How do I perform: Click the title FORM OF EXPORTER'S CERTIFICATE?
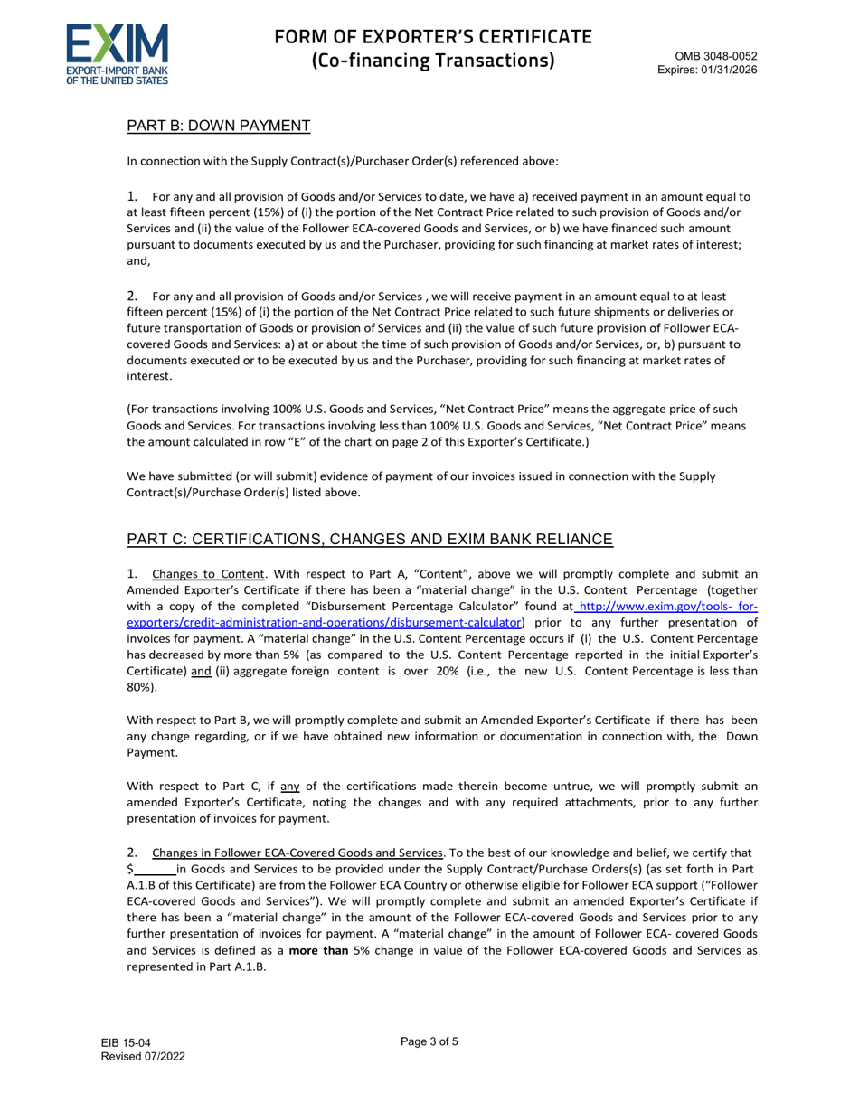pyautogui.click(x=433, y=37)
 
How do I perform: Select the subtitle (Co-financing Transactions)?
pyautogui.click(x=433, y=61)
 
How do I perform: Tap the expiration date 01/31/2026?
pyautogui.click(x=729, y=69)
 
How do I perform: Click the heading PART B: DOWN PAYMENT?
pyautogui.click(x=219, y=126)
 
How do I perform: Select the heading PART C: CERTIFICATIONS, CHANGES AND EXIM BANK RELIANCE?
pyautogui.click(x=370, y=540)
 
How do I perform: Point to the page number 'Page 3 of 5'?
pyautogui.click(x=429, y=1041)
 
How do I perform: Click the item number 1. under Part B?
pyautogui.click(x=133, y=196)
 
